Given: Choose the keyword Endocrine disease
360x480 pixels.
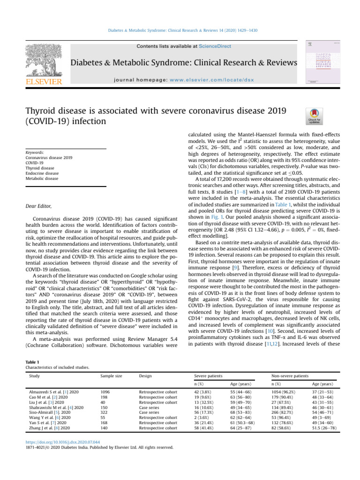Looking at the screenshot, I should [x=39, y=172].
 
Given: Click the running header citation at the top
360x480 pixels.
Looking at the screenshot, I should [x=180, y=32].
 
